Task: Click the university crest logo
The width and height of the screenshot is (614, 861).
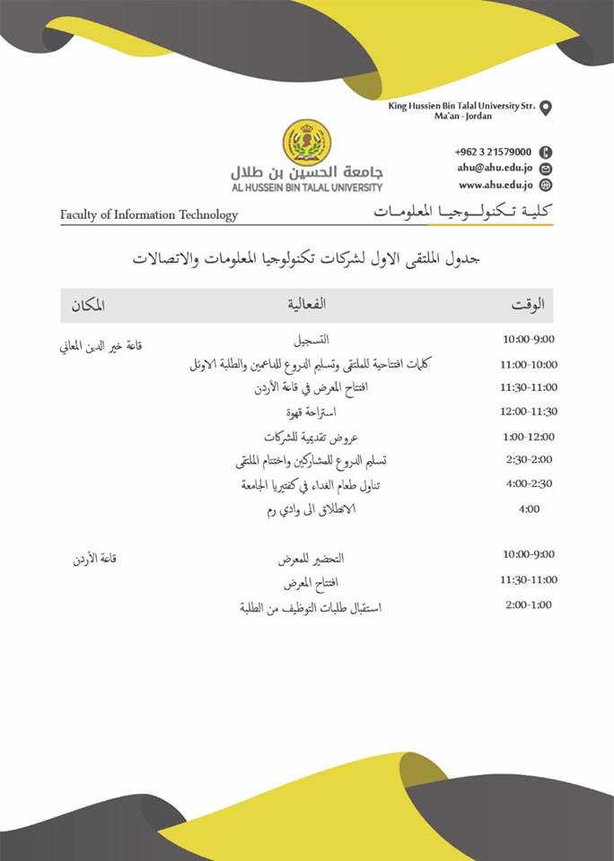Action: click(x=307, y=143)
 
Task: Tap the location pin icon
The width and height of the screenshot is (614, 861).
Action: click(x=546, y=109)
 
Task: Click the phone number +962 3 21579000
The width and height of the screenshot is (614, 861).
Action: click(x=493, y=152)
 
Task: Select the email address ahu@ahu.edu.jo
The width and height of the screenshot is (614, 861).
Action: click(x=492, y=168)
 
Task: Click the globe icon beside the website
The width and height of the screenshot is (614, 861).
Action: click(x=546, y=186)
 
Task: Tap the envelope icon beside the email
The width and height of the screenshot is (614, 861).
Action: click(x=546, y=169)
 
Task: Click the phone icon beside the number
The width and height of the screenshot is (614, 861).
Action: click(x=546, y=152)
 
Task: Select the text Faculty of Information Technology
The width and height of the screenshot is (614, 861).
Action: click(x=149, y=215)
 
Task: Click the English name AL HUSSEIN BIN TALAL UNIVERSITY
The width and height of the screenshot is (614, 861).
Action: click(x=307, y=187)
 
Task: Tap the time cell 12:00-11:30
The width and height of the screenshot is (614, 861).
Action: click(x=529, y=412)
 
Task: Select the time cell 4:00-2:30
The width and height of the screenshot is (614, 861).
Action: click(x=529, y=483)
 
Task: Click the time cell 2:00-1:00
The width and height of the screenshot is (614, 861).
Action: click(x=529, y=605)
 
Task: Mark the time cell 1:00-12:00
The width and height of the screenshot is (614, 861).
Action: click(x=529, y=437)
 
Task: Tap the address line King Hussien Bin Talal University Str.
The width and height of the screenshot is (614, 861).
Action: click(x=461, y=106)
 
